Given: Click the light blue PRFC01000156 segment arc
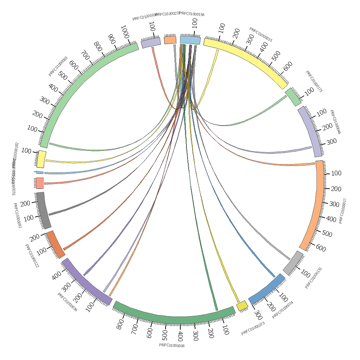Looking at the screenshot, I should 190,40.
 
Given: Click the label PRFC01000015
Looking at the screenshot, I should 261,35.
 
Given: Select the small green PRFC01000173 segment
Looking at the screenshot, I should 293,97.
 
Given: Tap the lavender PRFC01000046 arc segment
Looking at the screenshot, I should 311,132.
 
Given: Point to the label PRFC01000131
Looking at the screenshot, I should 314,278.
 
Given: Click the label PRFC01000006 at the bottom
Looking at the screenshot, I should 172,346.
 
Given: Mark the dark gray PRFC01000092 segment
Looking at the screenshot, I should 43,210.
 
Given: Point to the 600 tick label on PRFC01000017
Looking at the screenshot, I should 321,248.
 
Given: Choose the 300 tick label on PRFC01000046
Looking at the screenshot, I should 331,141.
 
